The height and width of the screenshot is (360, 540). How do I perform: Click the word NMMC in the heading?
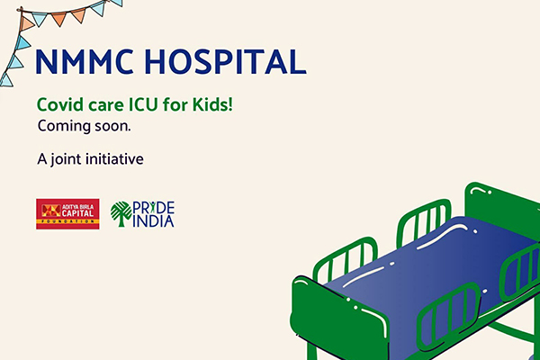pyautogui.click(x=85, y=62)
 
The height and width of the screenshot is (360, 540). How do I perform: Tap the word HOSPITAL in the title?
pyautogui.click(x=226, y=62)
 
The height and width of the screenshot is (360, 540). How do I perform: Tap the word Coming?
pyautogui.click(x=64, y=127)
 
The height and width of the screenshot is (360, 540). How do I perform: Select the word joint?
pyautogui.click(x=66, y=159)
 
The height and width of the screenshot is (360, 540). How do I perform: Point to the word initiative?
pyautogui.click(x=114, y=159)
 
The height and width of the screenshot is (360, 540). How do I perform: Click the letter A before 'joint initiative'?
pyautogui.click(x=42, y=159)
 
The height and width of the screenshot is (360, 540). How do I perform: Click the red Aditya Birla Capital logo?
pyautogui.click(x=67, y=214)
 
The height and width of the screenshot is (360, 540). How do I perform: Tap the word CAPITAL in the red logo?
pyautogui.click(x=77, y=213)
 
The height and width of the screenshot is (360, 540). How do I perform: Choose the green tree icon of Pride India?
pyautogui.click(x=121, y=214)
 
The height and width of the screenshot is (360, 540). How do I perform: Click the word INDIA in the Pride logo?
pyautogui.click(x=153, y=221)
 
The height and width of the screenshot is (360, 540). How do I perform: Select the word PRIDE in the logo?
pyautogui.click(x=154, y=208)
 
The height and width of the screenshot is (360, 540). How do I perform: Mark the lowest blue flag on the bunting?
pyautogui.click(x=6, y=79)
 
